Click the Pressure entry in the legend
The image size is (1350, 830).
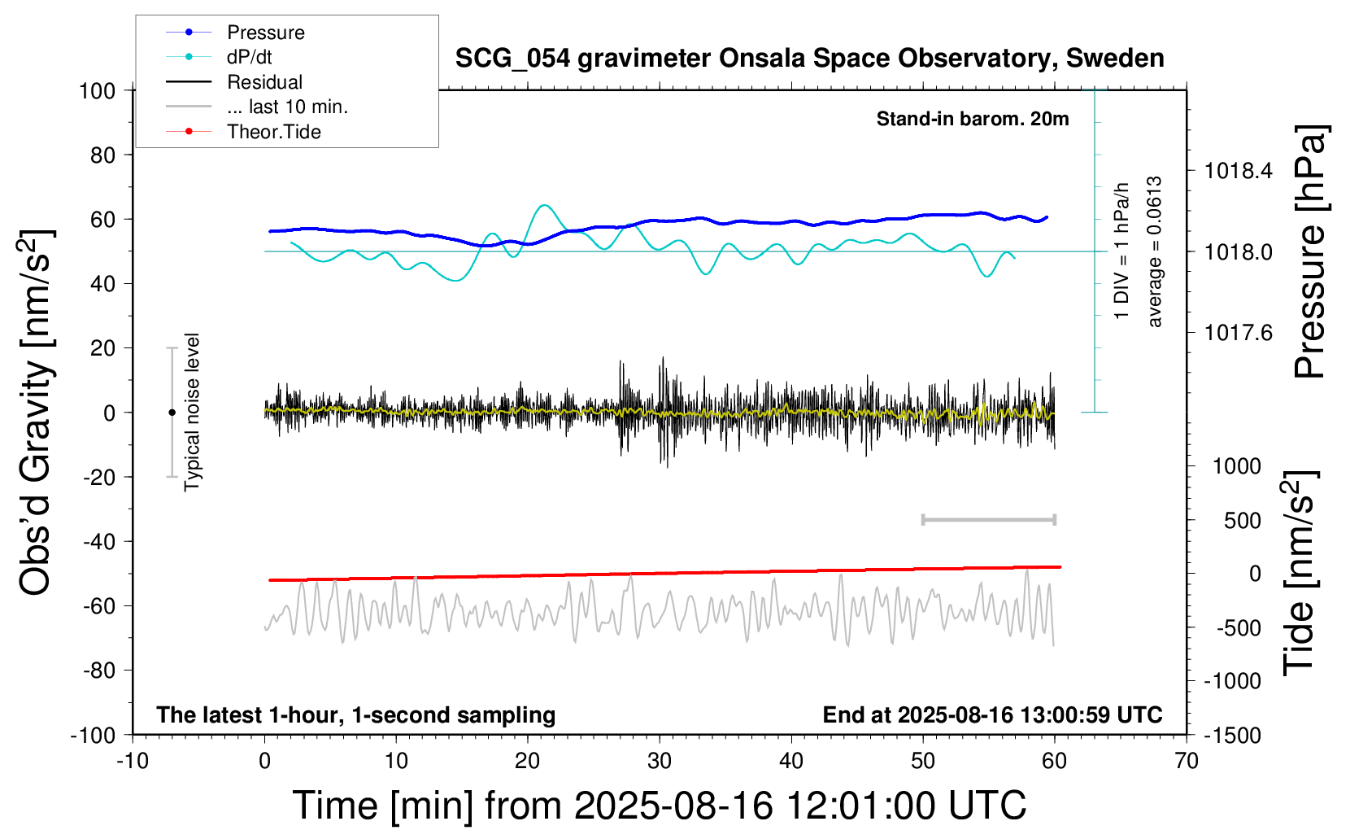(265, 33)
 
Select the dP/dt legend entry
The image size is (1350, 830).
(249, 57)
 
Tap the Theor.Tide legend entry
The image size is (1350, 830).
(273, 132)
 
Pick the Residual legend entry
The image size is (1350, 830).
(264, 82)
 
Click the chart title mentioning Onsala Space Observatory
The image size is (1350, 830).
(809, 59)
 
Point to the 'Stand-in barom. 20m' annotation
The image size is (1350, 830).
(972, 119)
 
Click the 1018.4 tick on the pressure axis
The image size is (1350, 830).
(1238, 171)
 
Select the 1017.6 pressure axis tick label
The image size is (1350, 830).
(1238, 332)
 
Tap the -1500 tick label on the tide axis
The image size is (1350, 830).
(1233, 736)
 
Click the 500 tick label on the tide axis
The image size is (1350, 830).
(1242, 521)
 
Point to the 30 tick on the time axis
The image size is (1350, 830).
(660, 762)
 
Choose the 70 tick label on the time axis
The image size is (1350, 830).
(1187, 762)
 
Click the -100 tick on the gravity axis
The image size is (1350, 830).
(93, 736)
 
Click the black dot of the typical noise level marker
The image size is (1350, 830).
(172, 413)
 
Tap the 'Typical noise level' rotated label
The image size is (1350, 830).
(192, 412)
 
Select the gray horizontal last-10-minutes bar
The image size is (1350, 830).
(988, 519)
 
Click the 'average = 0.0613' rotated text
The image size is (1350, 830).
(1155, 252)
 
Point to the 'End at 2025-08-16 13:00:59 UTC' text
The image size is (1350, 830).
(992, 715)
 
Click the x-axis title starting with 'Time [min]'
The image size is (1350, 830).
(659, 806)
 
